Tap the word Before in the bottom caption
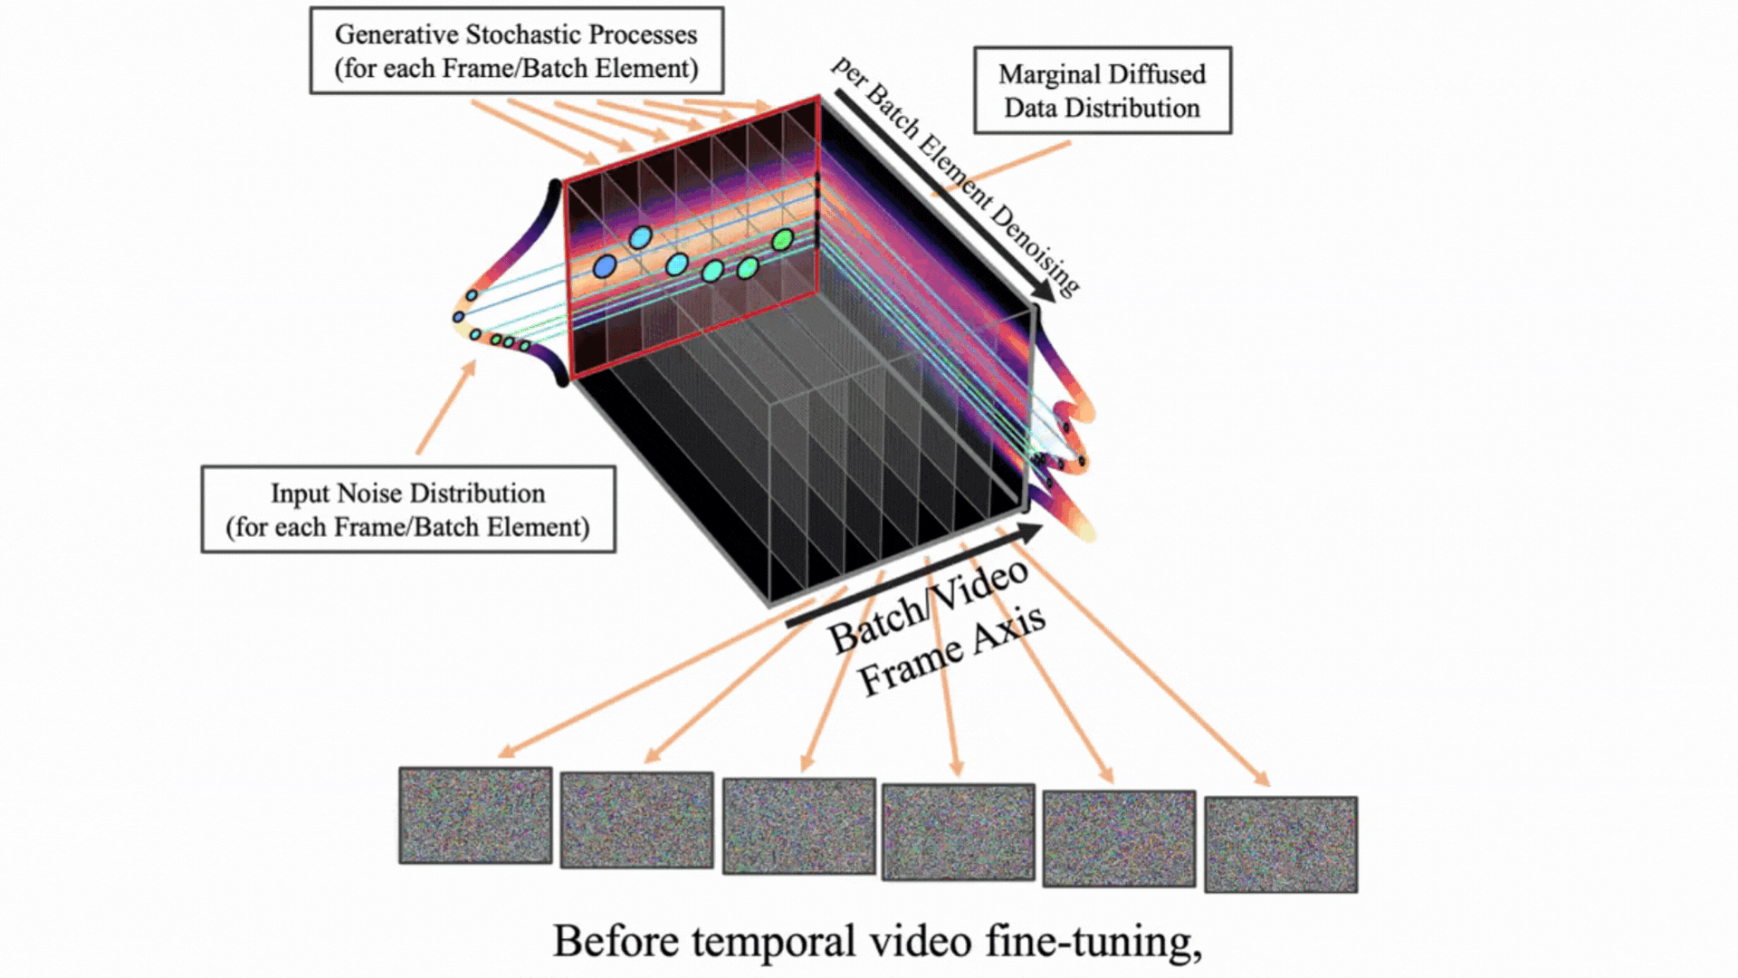616,942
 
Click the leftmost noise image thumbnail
475,815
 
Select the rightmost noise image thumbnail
1280,844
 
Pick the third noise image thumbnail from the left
798,826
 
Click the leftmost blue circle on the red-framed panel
605,266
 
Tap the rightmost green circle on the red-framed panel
783,240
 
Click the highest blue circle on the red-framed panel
640,237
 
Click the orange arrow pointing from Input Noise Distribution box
445,407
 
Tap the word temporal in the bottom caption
774,942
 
